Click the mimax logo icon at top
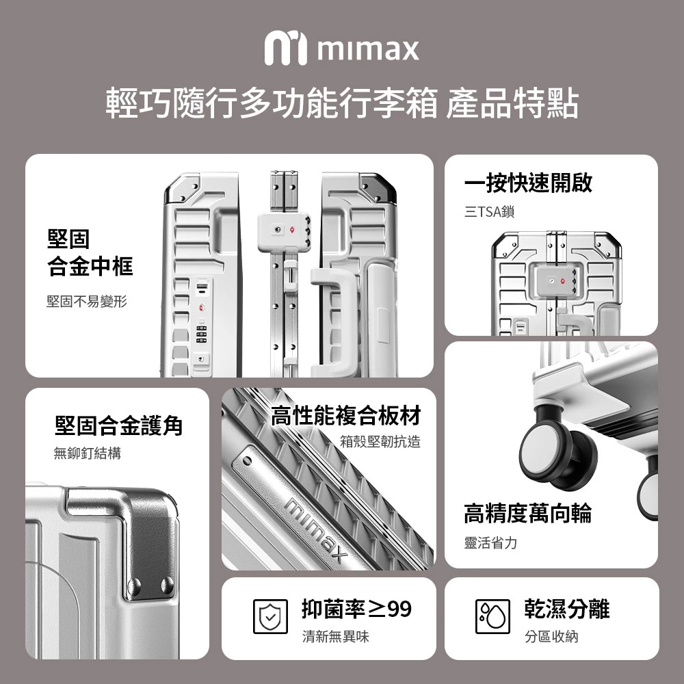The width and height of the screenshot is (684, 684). point(286,48)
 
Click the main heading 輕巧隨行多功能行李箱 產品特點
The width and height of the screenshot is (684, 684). point(342,104)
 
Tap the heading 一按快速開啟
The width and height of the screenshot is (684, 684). point(528,183)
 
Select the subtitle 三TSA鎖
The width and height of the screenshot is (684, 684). point(490,211)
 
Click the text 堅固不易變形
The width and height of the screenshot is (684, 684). point(87,301)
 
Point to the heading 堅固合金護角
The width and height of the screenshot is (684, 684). point(118,425)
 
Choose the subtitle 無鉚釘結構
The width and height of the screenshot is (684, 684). point(88,453)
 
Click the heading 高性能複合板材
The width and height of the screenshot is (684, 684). point(345,415)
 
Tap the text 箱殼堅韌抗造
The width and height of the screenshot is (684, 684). point(380,441)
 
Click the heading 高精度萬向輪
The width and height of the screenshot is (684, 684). point(528,513)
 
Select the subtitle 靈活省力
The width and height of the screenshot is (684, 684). point(490,543)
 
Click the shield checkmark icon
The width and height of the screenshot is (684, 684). point(270,616)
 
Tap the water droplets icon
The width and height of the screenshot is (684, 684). point(492,616)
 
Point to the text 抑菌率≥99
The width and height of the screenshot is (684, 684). point(356,609)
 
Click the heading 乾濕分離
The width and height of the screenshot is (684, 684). point(566,609)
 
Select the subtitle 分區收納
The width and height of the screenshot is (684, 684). point(551,636)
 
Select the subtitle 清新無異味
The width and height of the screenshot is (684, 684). point(335,636)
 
